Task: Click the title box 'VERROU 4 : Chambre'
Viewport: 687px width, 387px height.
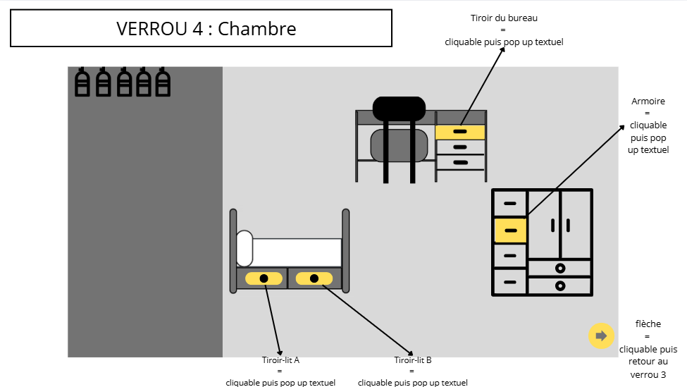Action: [x=202, y=28]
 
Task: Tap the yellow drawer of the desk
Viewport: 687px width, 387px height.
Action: [x=460, y=132]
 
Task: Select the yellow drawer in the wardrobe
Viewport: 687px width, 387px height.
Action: [x=510, y=231]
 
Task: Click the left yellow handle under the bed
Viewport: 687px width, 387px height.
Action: [x=264, y=278]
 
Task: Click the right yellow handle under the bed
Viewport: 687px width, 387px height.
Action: [x=314, y=278]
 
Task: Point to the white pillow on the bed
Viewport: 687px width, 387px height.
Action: [x=245, y=248]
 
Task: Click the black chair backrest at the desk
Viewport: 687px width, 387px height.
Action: [x=399, y=108]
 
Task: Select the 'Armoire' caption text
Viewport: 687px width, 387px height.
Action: [x=648, y=102]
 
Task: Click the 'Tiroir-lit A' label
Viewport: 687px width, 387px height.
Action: [x=280, y=360]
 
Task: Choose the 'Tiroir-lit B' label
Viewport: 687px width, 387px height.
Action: [x=412, y=360]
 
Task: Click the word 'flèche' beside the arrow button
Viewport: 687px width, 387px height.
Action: [x=648, y=324]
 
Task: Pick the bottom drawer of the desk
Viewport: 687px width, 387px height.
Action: [x=460, y=163]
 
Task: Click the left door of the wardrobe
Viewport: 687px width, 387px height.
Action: [x=544, y=224]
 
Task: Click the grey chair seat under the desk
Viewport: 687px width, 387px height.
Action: [x=400, y=145]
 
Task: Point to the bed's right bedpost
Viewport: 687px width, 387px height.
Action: [x=345, y=250]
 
